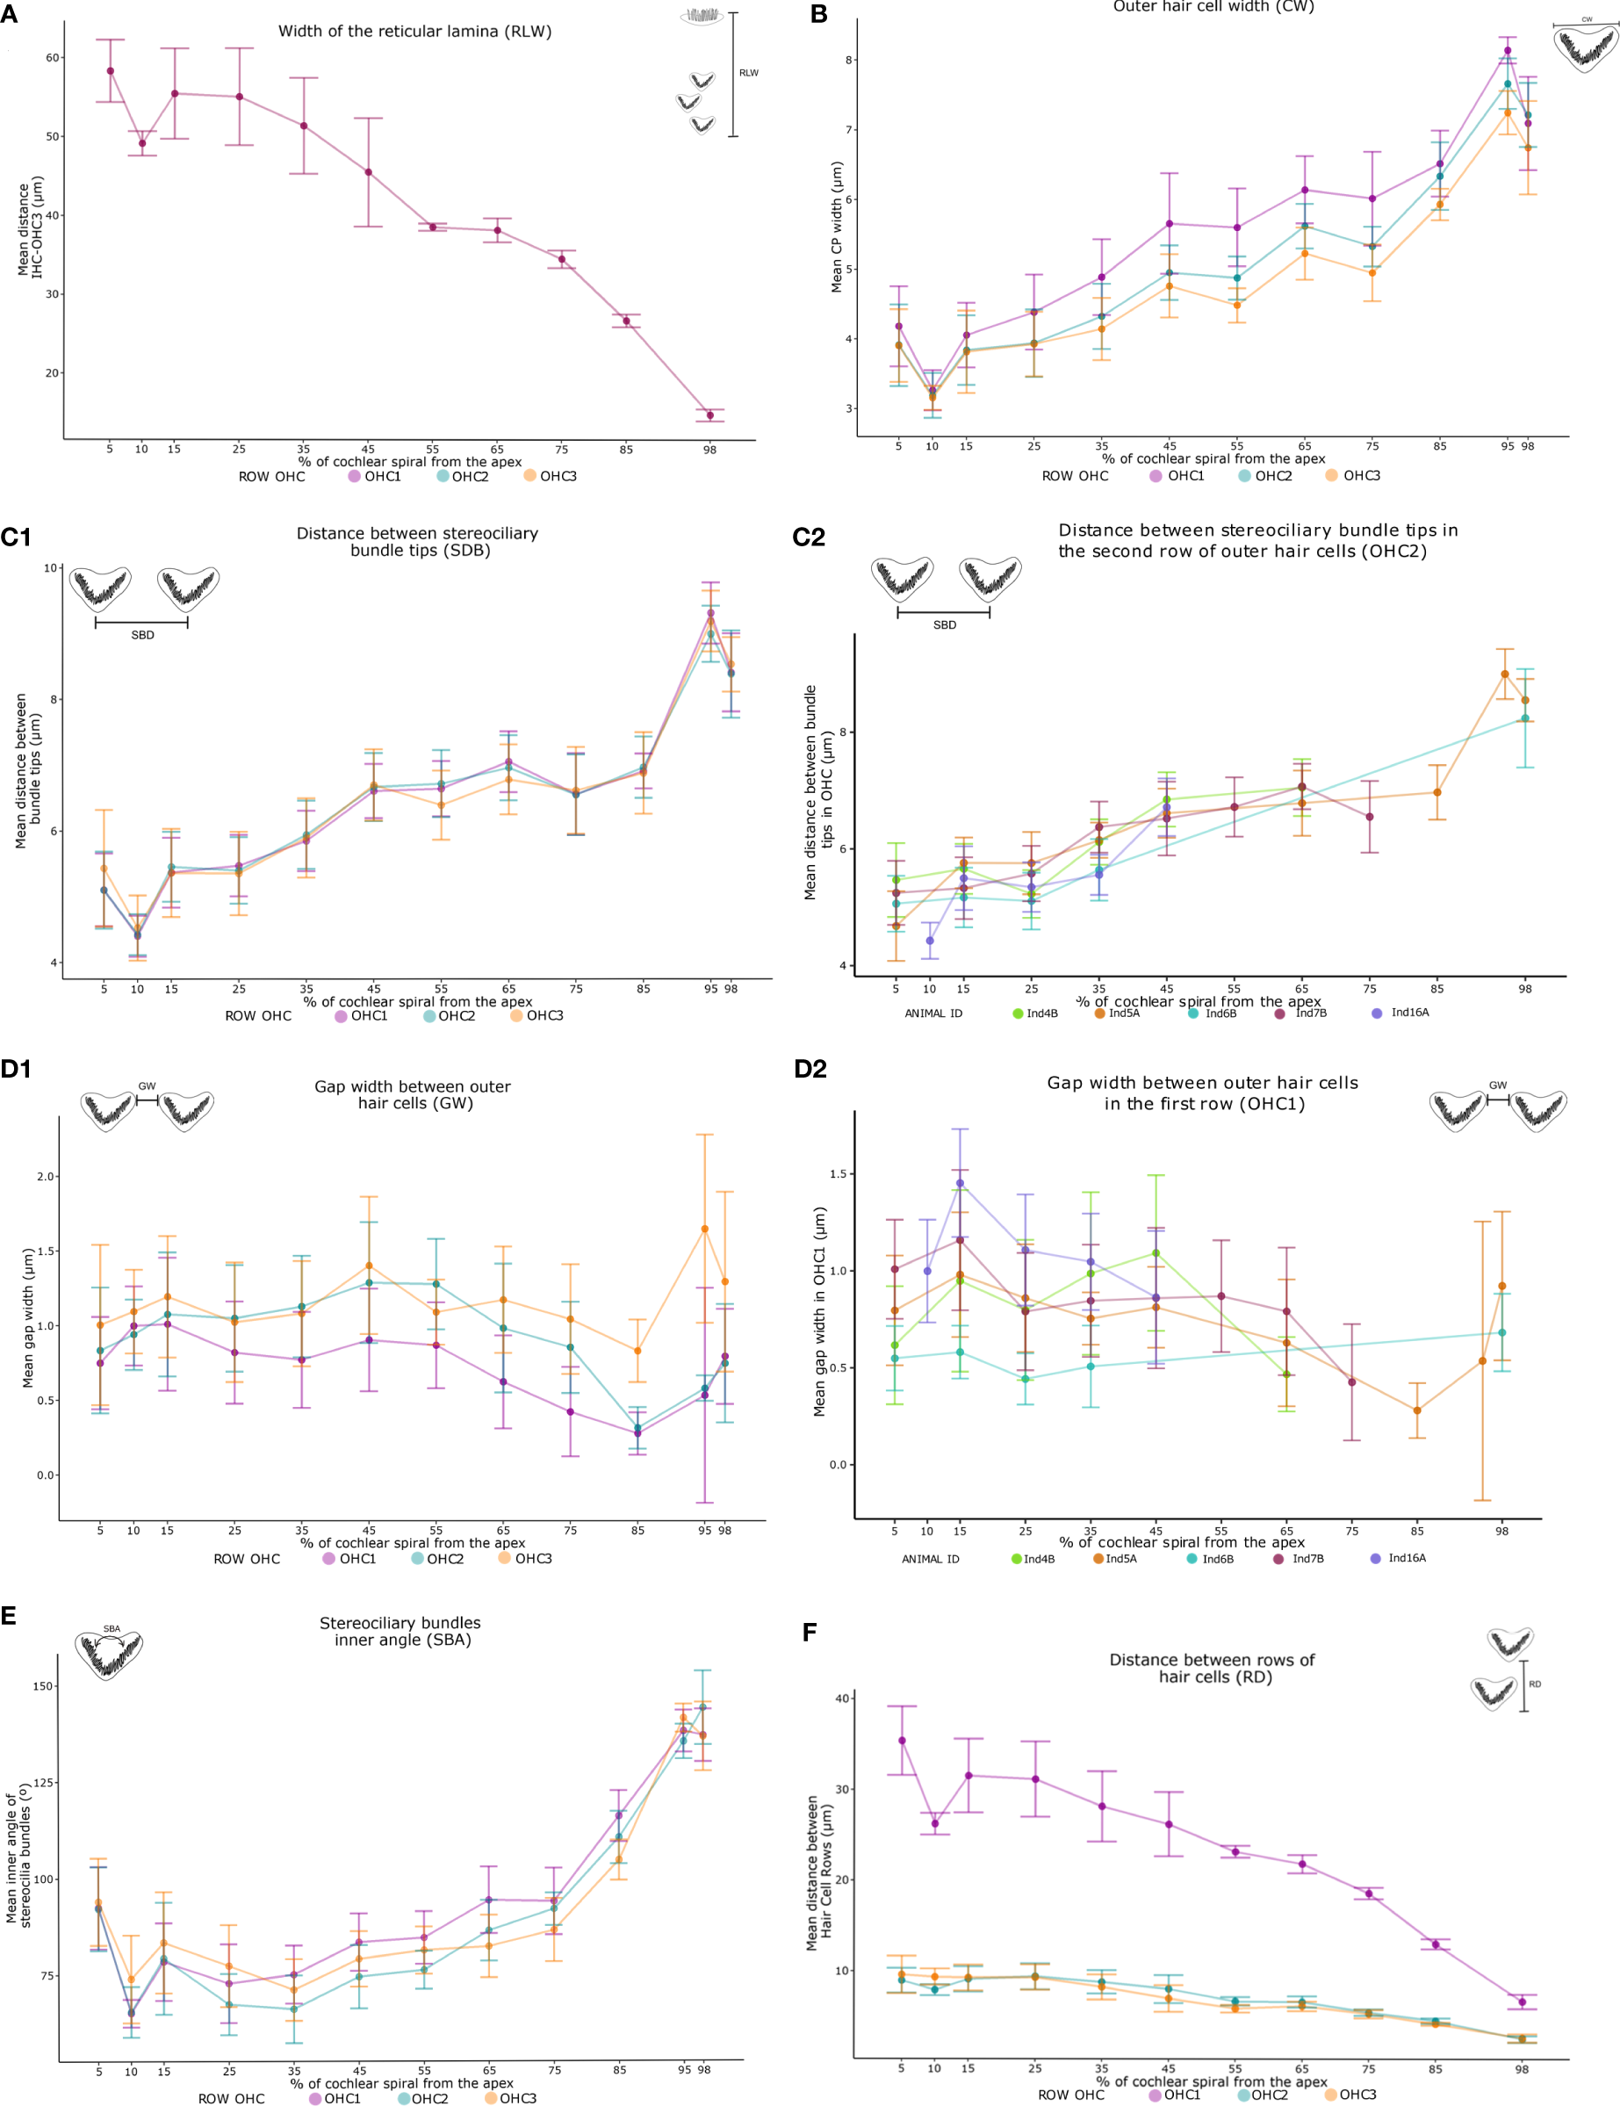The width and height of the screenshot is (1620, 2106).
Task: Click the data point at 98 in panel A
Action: click(x=709, y=415)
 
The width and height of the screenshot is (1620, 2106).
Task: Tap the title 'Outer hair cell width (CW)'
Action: click(x=1213, y=7)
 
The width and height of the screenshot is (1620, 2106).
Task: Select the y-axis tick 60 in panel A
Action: click(x=52, y=58)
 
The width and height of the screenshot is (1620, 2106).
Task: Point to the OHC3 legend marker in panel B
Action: click(x=1332, y=475)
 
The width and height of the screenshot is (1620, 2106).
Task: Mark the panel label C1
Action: click(x=16, y=537)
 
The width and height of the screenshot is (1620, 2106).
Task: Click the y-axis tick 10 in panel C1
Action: click(x=50, y=568)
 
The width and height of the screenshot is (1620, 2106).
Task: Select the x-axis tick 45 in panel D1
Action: click(x=369, y=1531)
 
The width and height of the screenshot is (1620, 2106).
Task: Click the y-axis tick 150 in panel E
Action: click(x=43, y=1686)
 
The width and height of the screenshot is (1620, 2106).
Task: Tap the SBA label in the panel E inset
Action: click(x=112, y=1628)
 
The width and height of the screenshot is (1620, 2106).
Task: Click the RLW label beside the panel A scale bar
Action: click(x=748, y=73)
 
